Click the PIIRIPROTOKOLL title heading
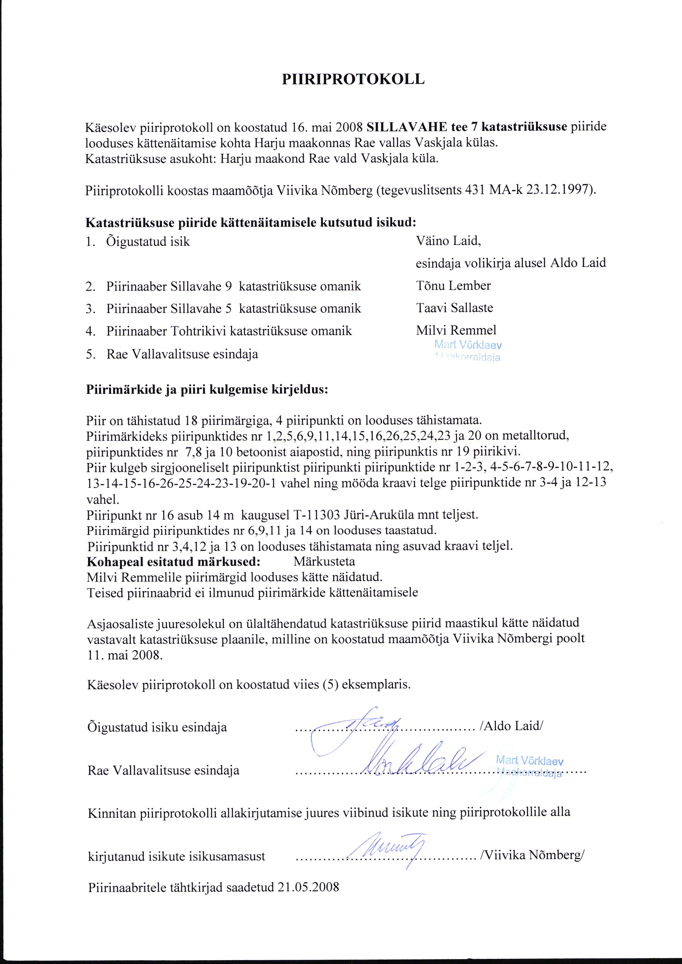tap(353, 79)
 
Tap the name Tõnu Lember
tap(453, 286)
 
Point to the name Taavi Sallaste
tap(454, 308)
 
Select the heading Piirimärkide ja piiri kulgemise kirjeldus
tap(207, 390)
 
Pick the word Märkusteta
tap(324, 561)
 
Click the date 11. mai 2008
tap(124, 656)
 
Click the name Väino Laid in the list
tap(448, 241)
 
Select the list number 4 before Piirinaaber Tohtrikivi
tap(89, 331)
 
